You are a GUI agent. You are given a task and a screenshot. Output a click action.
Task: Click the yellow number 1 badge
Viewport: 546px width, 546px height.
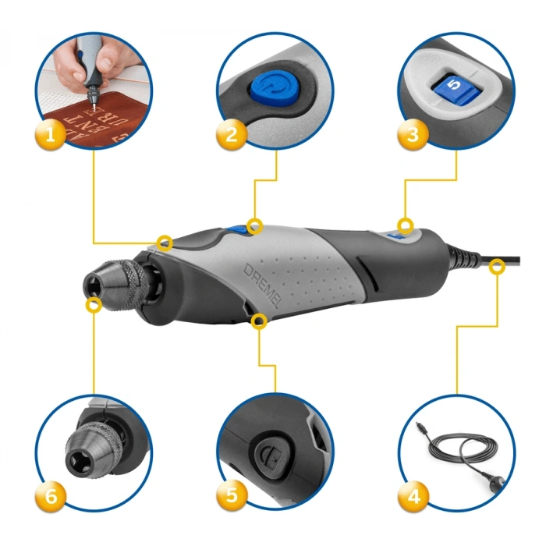tap(50, 134)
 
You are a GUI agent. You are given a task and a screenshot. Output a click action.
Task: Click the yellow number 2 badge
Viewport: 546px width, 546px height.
tap(231, 134)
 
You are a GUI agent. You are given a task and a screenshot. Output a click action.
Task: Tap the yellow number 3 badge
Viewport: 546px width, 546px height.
tap(413, 134)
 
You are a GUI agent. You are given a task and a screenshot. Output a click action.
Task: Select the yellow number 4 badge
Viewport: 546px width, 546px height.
tap(413, 494)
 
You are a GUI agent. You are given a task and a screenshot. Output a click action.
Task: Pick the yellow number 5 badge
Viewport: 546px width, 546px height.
tap(231, 494)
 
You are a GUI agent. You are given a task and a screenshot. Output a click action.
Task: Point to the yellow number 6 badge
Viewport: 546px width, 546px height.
tap(50, 494)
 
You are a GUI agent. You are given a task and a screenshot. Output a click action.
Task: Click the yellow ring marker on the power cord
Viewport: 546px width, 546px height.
tap(495, 268)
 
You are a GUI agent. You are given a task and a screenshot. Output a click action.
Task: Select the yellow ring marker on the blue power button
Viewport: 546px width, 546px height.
tap(254, 226)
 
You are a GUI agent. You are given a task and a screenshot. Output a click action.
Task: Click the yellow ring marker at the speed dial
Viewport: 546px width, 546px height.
tap(405, 226)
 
